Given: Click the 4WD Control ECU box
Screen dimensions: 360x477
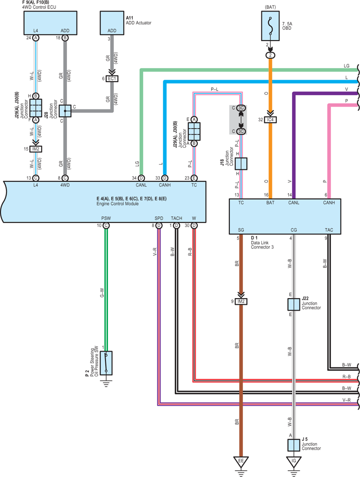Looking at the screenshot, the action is pyautogui.click(x=50, y=23).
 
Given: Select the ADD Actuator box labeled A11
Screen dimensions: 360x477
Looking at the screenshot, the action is pyautogui.click(x=112, y=23).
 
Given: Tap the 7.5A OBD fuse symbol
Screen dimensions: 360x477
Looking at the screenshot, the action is pyautogui.click(x=270, y=26).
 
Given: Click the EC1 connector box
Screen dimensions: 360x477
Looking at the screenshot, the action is pyautogui.click(x=112, y=79).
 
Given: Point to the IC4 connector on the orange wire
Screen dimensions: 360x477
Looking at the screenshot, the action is pyautogui.click(x=270, y=120).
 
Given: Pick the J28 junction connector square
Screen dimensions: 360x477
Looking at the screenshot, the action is pyautogui.click(x=65, y=111).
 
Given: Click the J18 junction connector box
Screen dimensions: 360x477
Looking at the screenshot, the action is pyautogui.click(x=241, y=164).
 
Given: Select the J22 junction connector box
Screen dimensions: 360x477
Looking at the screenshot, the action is pyautogui.click(x=294, y=304).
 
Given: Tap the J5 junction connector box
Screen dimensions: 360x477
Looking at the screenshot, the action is pyautogui.click(x=294, y=445).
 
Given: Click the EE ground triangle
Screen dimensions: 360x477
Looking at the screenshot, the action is pyautogui.click(x=241, y=462).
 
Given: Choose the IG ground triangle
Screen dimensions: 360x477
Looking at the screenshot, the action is pyautogui.click(x=294, y=462).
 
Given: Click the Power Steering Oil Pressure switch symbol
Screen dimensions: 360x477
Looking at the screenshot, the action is pyautogui.click(x=106, y=363).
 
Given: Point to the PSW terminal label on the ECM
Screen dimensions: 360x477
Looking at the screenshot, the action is pyautogui.click(x=106, y=218).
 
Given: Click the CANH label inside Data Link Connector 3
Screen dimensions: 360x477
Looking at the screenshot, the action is pyautogui.click(x=329, y=203).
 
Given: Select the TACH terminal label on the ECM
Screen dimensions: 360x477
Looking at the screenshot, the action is pyautogui.click(x=177, y=218).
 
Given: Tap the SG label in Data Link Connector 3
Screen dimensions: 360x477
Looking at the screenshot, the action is pyautogui.click(x=241, y=230).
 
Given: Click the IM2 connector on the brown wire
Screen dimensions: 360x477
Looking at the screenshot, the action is pyautogui.click(x=241, y=301).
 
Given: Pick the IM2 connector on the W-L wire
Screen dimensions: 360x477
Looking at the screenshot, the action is pyautogui.click(x=36, y=149).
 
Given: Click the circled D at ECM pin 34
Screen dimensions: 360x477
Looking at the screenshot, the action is pyautogui.click(x=141, y=178).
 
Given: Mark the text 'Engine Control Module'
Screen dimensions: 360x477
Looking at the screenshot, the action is pyautogui.click(x=117, y=204).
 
